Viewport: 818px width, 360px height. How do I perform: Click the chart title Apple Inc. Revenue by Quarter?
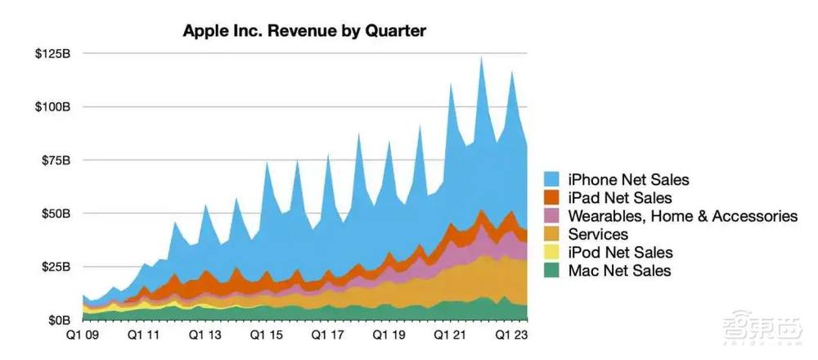(303, 31)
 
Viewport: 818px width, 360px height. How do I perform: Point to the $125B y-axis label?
(52, 54)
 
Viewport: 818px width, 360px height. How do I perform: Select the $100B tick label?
(52, 107)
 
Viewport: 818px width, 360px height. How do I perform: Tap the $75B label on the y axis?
(55, 160)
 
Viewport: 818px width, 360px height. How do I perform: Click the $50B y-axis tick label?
(55, 214)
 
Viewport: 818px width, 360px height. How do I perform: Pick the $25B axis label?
(55, 267)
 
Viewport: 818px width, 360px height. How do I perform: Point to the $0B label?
(58, 320)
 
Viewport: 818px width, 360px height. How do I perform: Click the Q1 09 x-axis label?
(84, 335)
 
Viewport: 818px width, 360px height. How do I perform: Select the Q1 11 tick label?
(145, 335)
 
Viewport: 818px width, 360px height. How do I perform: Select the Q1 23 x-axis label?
(510, 335)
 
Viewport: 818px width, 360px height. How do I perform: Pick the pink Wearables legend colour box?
(552, 217)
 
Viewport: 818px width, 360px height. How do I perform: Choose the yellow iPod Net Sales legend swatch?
(552, 253)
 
